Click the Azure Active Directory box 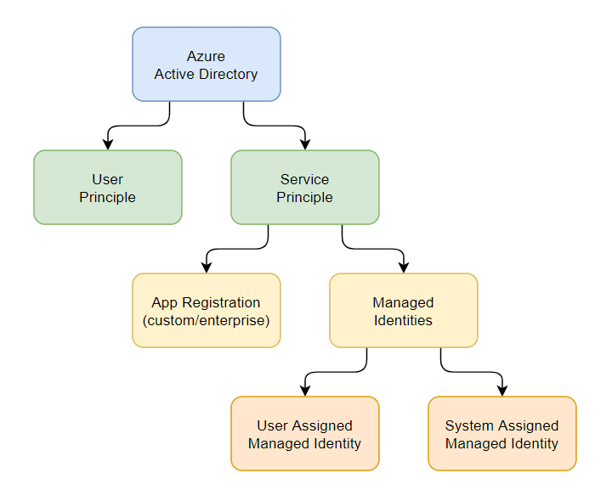[x=207, y=65]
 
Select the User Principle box [x=108, y=188]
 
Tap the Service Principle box [x=305, y=188]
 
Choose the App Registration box [x=207, y=310]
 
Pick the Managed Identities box [x=404, y=310]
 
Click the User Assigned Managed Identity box [x=305, y=434]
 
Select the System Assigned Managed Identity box [x=502, y=434]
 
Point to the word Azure [x=206, y=56]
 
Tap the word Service [x=304, y=179]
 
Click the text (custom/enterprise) [x=206, y=320]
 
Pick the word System [x=469, y=425]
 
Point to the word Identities [x=403, y=320]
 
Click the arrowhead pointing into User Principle [x=108, y=144]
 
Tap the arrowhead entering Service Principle [x=305, y=144]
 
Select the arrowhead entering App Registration [x=207, y=267]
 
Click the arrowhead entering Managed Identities [x=404, y=267]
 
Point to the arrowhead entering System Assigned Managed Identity [x=502, y=391]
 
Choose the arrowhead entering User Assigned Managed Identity [x=305, y=391]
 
